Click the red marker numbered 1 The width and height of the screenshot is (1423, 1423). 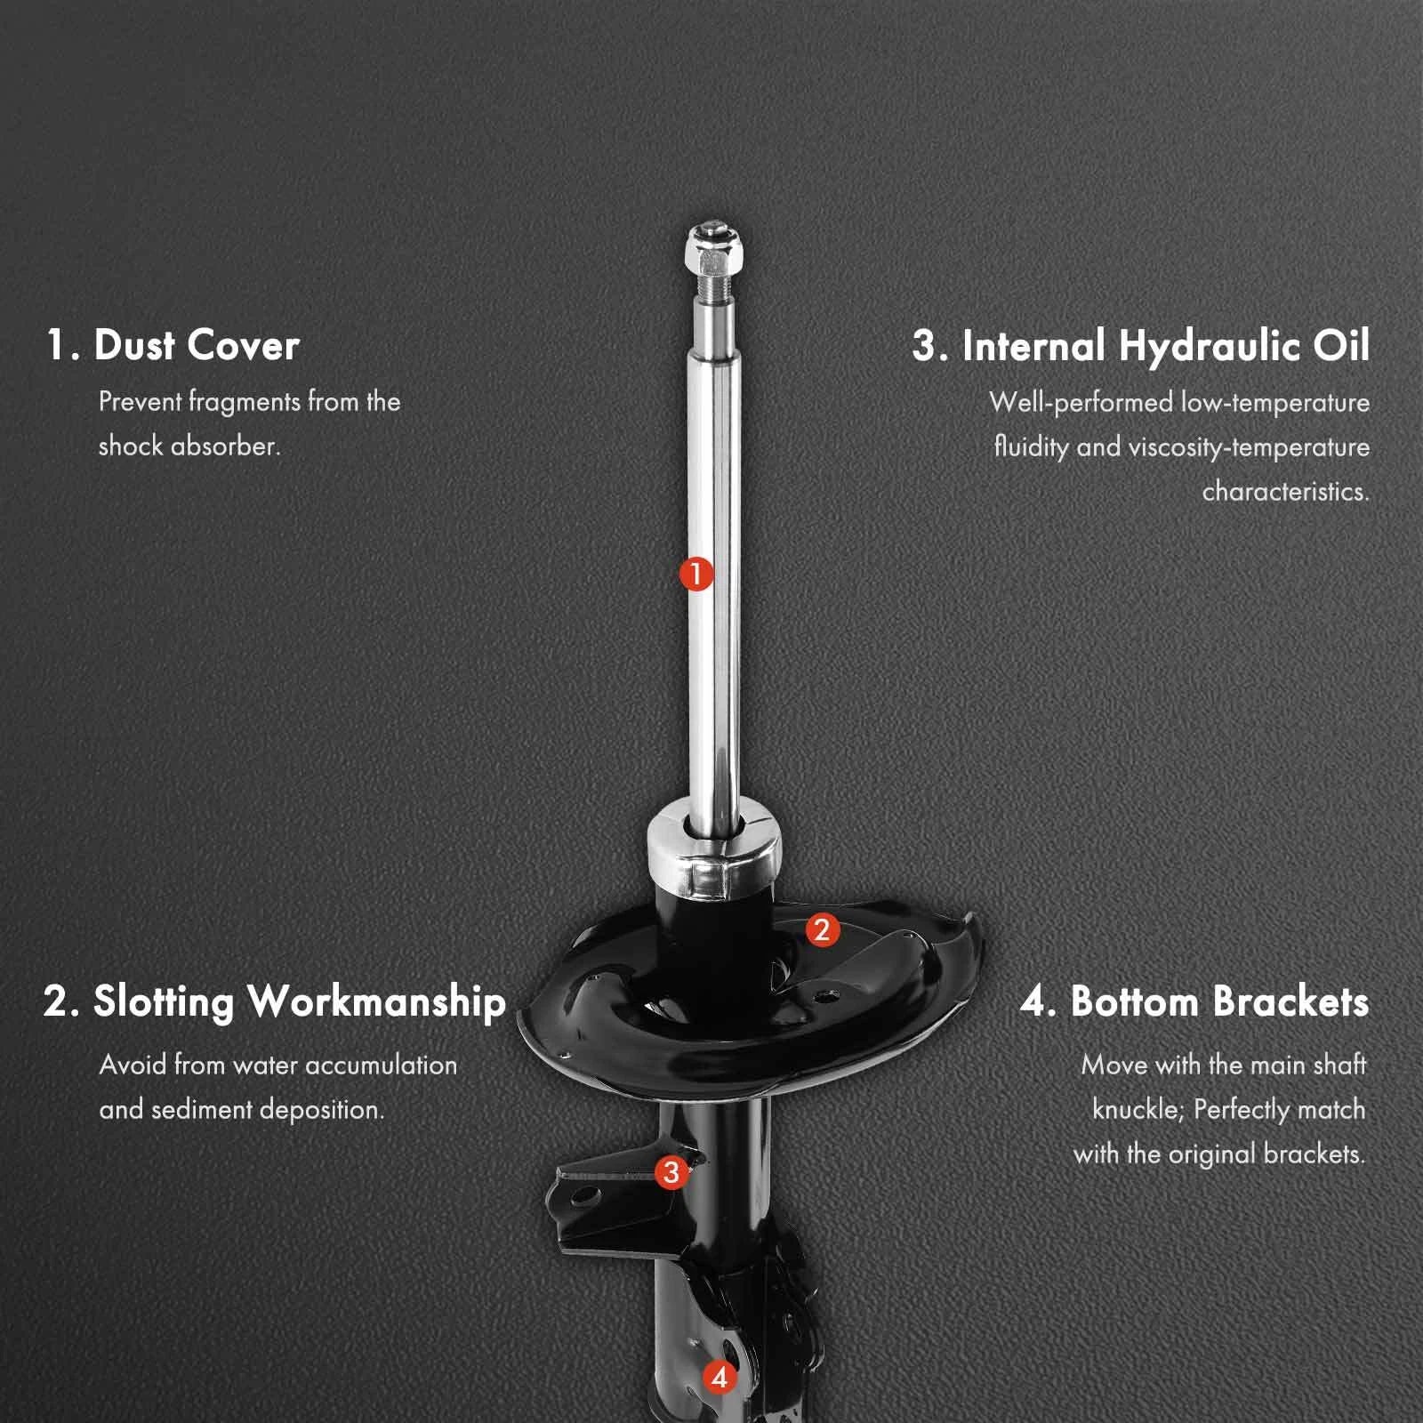click(696, 574)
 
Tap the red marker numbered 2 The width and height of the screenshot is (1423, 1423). click(822, 930)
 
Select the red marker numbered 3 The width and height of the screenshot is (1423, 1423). click(671, 1172)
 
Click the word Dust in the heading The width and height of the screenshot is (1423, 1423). click(134, 345)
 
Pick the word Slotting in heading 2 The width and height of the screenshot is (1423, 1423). click(164, 1002)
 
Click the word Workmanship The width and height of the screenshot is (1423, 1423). click(377, 1002)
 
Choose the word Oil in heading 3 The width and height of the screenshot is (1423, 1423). click(1342, 345)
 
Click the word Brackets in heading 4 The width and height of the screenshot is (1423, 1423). click(1290, 1001)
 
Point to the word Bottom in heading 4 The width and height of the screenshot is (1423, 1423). click(1135, 1001)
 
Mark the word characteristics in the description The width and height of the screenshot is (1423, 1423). click(1286, 491)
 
